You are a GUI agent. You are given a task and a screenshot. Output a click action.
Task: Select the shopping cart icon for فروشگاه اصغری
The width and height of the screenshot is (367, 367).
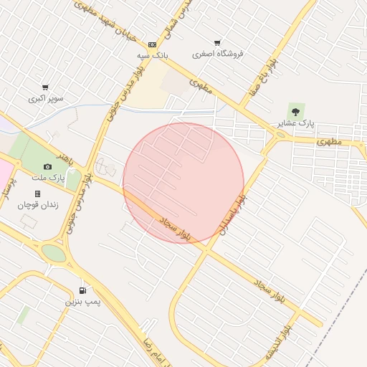(x=218, y=43)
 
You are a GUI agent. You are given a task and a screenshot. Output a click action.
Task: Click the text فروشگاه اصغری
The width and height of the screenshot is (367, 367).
(x=219, y=54)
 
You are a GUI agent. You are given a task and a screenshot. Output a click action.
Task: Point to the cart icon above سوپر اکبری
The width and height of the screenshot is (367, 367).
(x=45, y=87)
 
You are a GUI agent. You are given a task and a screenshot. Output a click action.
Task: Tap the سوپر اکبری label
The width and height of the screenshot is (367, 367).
(x=46, y=97)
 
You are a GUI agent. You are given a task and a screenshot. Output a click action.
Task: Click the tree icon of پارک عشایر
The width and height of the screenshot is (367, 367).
(x=295, y=110)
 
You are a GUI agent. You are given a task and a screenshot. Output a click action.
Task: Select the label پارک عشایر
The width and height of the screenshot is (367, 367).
(x=295, y=123)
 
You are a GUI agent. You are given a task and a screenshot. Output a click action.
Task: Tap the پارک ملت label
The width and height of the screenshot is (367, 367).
(x=48, y=176)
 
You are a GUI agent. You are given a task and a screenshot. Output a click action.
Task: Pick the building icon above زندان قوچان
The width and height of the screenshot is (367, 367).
(x=37, y=194)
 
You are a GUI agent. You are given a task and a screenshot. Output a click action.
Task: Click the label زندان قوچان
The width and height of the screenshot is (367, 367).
(x=38, y=204)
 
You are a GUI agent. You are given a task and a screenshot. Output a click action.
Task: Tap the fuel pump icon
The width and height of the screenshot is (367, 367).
(x=84, y=290)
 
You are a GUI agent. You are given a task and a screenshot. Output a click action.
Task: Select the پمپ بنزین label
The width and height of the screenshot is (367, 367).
(x=80, y=302)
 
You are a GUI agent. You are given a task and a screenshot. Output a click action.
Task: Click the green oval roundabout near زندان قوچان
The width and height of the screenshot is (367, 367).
(x=53, y=252)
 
